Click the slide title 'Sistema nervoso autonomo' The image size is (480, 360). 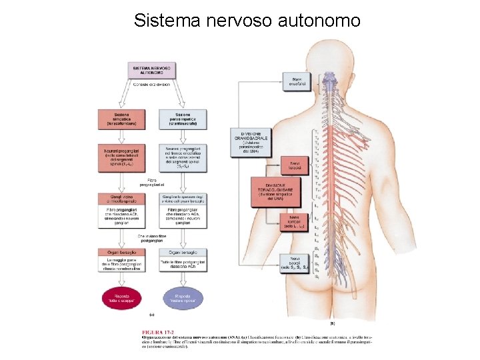point(247,20)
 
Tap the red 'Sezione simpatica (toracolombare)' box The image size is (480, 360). point(121,119)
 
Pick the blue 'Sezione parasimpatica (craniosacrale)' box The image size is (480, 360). point(183,119)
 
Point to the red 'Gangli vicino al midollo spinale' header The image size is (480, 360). point(121,198)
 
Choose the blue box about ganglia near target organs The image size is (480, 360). point(183,198)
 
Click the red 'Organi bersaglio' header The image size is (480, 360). point(121,252)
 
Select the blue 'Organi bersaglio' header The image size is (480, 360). point(183,252)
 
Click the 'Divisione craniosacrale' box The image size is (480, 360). point(249,142)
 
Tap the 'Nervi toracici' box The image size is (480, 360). point(294,165)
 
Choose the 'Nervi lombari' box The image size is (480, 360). point(294,221)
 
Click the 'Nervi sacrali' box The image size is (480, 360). point(294,262)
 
